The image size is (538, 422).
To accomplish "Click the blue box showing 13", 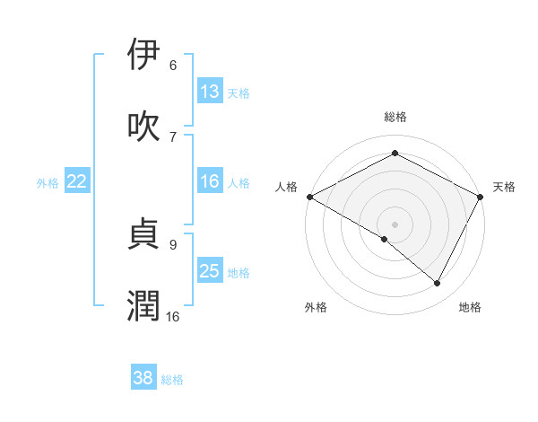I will point(210,92).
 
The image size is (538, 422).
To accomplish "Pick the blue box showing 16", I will point(210,181).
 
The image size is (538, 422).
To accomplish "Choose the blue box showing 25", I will point(210,271).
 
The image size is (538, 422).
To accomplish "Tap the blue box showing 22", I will point(77,181).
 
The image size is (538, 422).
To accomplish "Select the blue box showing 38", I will point(143,378).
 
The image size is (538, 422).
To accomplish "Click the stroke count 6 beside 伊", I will point(173,65).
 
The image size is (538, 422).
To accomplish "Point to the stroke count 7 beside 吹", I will point(173,136).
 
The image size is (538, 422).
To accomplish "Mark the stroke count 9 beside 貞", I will point(173,242).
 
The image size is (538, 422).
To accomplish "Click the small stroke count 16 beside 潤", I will point(173,316).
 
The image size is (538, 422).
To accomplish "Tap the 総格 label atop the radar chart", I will point(395,117).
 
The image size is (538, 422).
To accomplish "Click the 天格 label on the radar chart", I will point(504,187).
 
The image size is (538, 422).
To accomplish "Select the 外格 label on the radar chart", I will point(316,307).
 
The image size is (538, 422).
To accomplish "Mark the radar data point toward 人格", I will point(308,196).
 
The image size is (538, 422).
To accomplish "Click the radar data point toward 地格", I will point(438,284).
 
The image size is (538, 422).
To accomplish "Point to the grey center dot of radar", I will point(395,224).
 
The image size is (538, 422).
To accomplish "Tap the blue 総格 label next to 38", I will point(172,380).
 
